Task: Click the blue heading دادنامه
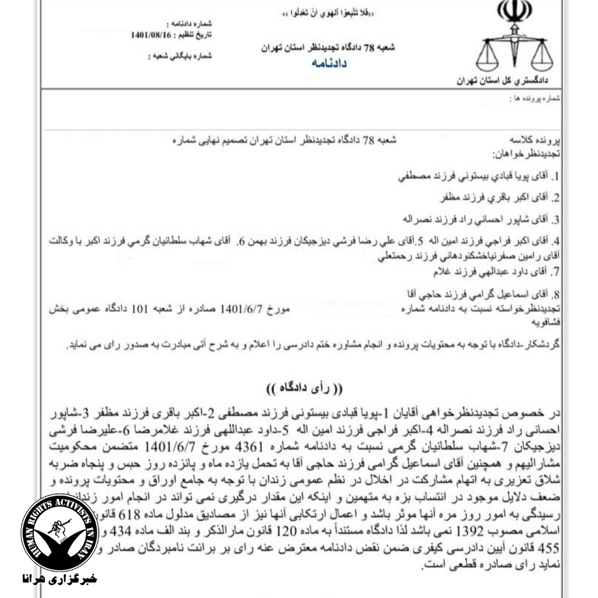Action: [x=329, y=64]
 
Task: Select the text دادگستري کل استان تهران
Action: [x=502, y=81]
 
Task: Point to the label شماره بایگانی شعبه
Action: [x=180, y=56]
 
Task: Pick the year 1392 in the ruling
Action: [x=463, y=524]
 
